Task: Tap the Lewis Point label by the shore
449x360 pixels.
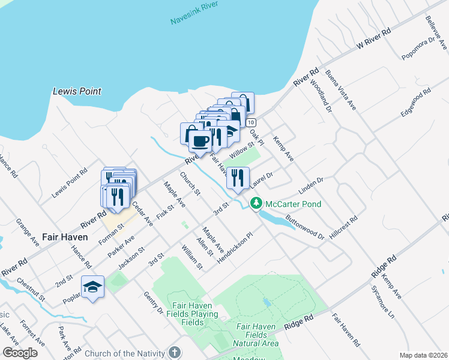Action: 77,92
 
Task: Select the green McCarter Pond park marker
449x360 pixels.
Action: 256,204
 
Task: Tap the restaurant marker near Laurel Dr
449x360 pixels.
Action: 238,178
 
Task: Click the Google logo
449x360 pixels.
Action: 20,353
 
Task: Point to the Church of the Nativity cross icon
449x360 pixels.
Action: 174,352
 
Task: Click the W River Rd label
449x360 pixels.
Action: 373,38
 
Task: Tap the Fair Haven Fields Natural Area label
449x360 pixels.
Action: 257,335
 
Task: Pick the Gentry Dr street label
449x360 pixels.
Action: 154,303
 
